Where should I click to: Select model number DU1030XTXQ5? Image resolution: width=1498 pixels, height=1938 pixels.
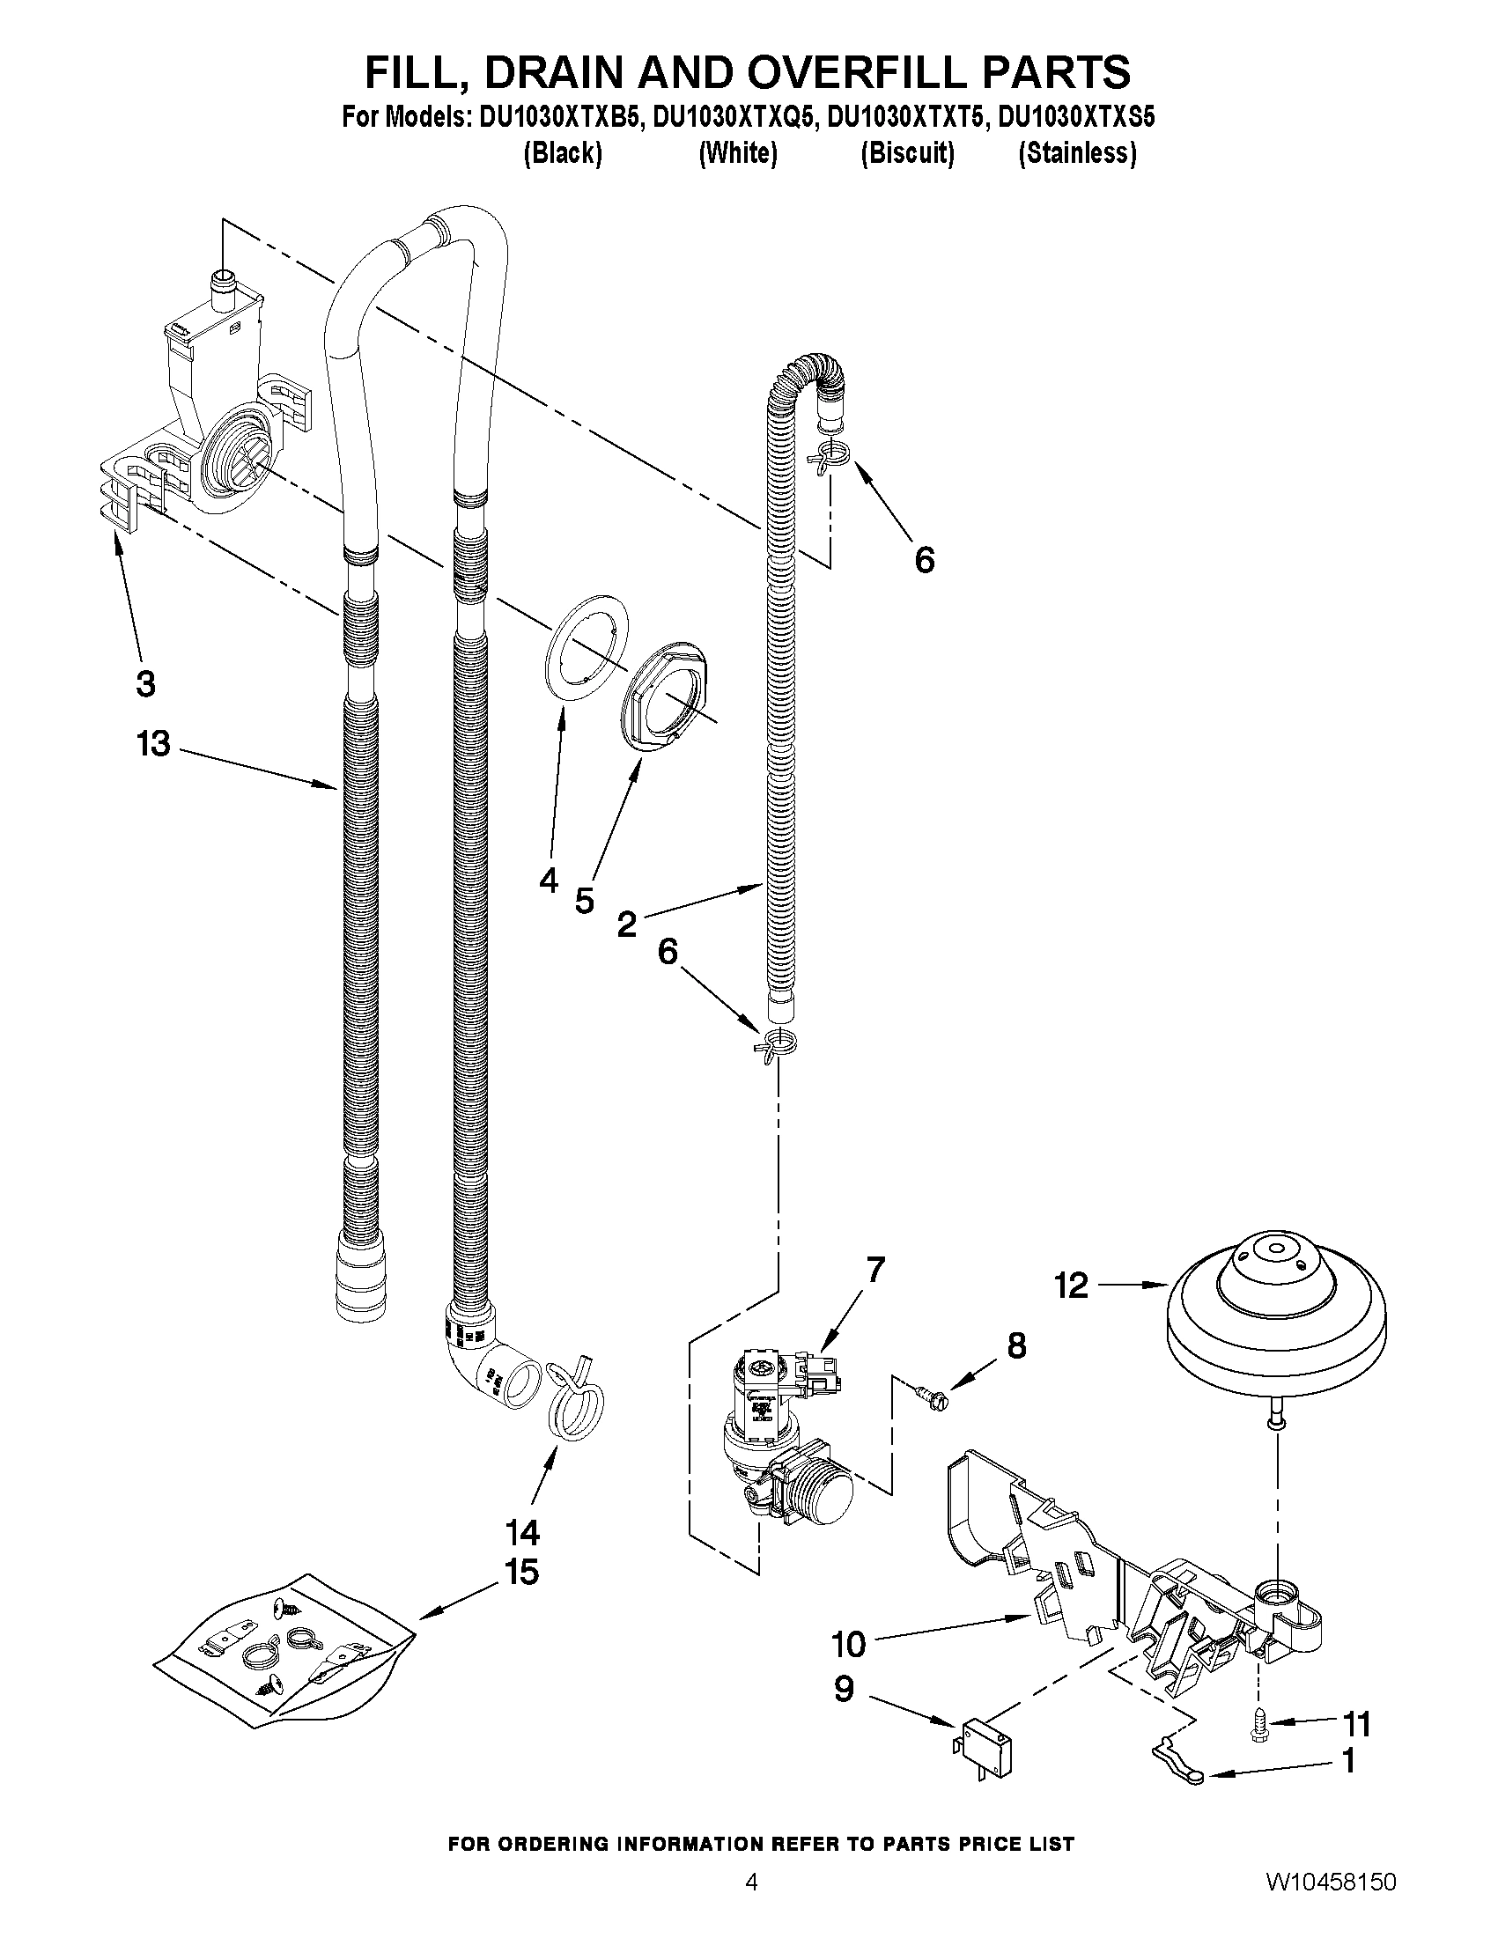point(733,118)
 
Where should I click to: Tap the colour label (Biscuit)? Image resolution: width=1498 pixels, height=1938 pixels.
point(907,153)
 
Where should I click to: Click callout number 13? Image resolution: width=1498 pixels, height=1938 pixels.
point(153,744)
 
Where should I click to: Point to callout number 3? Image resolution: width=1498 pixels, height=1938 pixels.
point(145,683)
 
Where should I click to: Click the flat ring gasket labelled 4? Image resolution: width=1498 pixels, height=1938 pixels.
point(586,649)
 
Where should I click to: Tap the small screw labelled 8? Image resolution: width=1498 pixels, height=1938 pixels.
point(931,1396)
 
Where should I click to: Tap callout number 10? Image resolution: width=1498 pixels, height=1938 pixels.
point(848,1644)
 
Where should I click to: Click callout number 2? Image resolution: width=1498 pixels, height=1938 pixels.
point(626,925)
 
